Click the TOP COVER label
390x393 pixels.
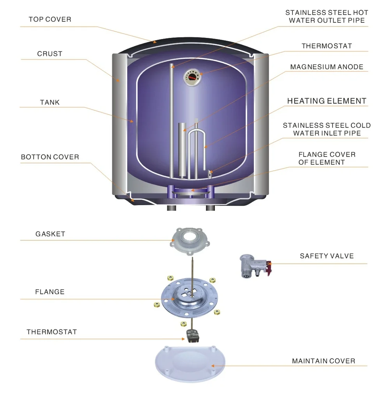click(50, 19)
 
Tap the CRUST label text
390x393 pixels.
click(50, 53)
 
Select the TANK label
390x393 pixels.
click(50, 102)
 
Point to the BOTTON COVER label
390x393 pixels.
click(50, 157)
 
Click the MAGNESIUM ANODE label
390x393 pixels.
click(326, 67)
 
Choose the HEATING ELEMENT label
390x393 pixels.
click(326, 101)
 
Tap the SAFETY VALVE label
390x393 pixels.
click(326, 256)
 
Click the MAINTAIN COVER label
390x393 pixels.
click(323, 361)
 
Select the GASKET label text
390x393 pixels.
click(50, 234)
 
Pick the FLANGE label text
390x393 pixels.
click(50, 292)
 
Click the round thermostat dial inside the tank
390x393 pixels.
click(191, 77)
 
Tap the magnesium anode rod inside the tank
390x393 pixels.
click(182, 150)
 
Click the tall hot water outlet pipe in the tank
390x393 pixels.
click(171, 121)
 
